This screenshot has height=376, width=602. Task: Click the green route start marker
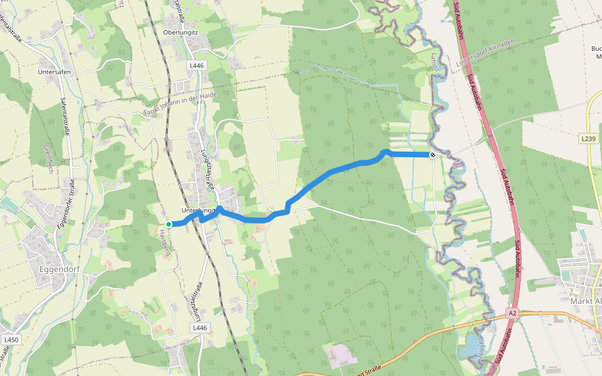(x=169, y=224)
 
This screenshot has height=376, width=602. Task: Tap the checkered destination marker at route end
(x=433, y=154)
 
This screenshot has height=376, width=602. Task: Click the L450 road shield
(x=12, y=340)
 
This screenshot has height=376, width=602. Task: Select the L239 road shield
(x=588, y=138)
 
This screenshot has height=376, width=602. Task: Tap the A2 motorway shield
(x=512, y=313)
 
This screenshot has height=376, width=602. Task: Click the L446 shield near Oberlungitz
(x=196, y=65)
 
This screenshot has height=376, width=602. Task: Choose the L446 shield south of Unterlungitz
(x=199, y=328)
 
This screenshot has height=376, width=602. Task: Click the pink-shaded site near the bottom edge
(x=341, y=355)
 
